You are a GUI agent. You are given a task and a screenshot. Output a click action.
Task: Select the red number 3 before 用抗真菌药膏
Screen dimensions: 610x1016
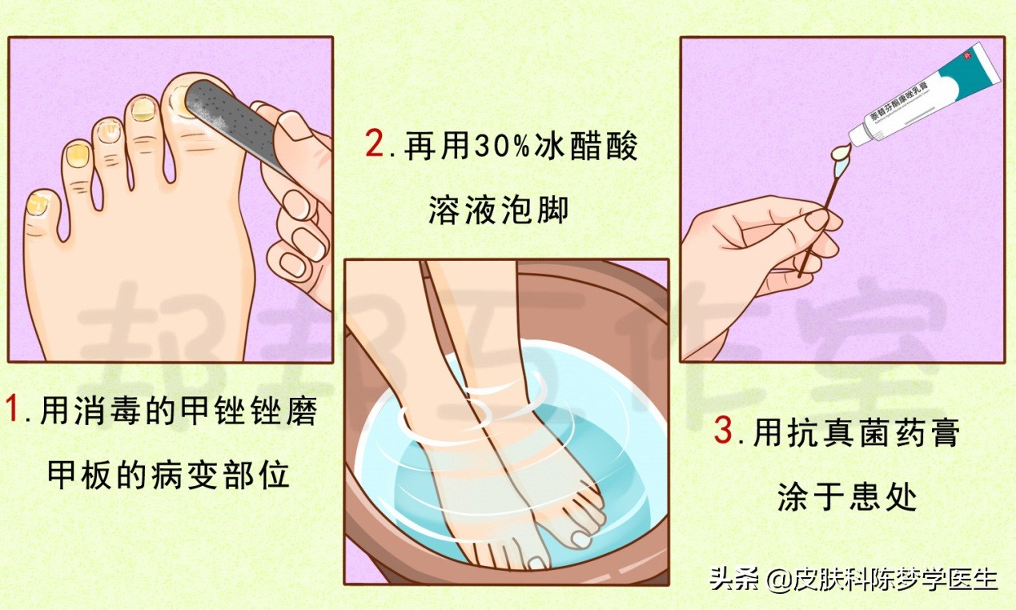point(723,432)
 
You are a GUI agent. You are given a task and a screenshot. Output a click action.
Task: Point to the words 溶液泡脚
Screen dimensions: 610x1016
point(498,210)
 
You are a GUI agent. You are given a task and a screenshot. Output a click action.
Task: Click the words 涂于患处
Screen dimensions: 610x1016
point(846,498)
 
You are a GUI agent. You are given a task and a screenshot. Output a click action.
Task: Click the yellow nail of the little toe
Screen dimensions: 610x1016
point(37,205)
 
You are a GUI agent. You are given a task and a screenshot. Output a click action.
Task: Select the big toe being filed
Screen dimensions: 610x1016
point(192,112)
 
